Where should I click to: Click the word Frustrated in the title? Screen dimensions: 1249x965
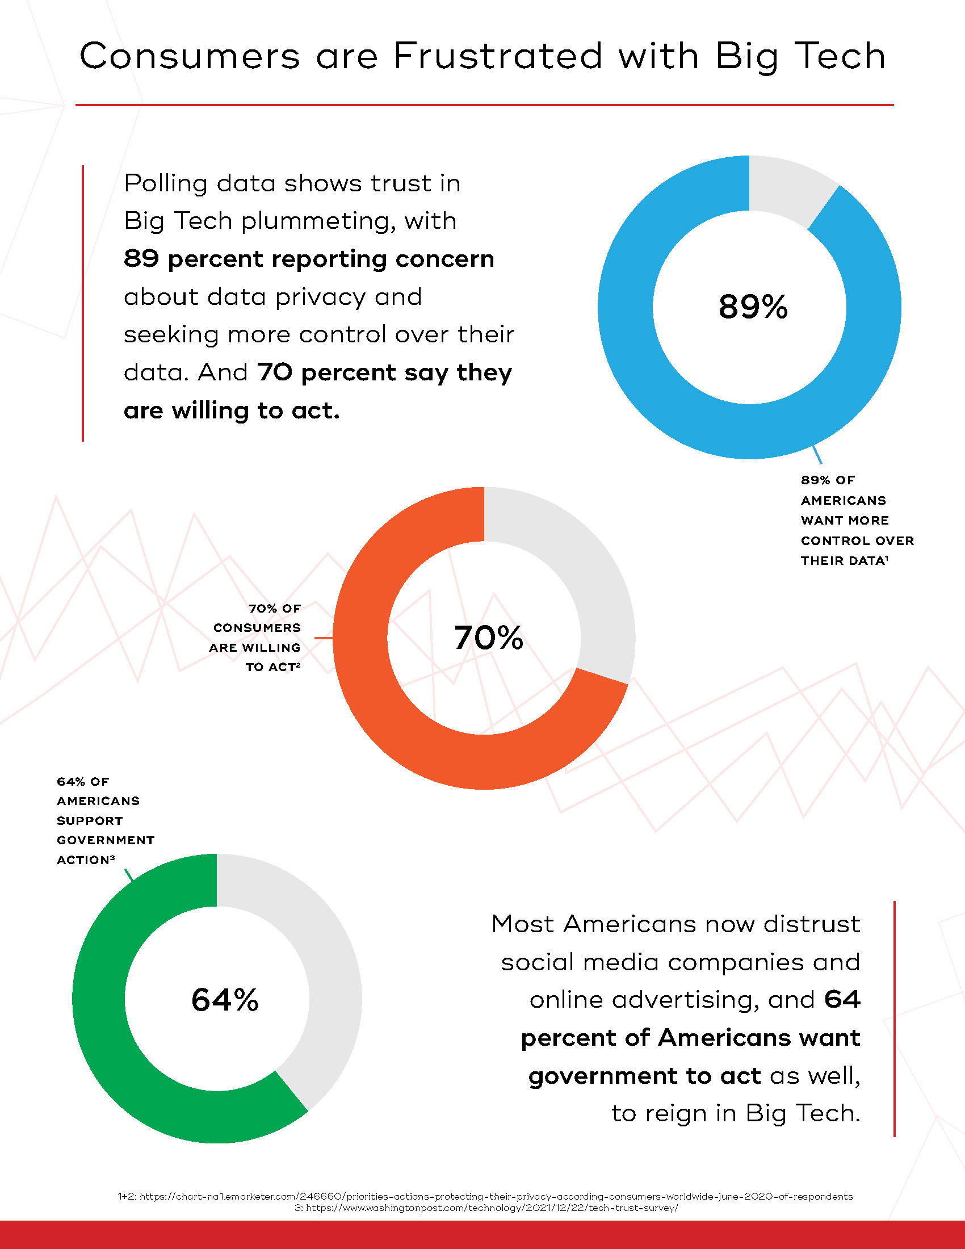pyautogui.click(x=497, y=56)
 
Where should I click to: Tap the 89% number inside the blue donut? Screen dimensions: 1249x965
pyautogui.click(x=753, y=307)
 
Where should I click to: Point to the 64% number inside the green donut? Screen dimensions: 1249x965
pyautogui.click(x=225, y=1000)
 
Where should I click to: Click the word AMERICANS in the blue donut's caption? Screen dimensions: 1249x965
pyautogui.click(x=843, y=500)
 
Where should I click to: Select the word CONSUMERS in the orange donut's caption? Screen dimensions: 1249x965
pyautogui.click(x=257, y=628)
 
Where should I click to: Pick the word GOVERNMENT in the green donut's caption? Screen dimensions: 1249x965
pyautogui.click(x=106, y=840)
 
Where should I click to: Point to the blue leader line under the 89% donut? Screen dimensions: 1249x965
pyautogui.click(x=817, y=454)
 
